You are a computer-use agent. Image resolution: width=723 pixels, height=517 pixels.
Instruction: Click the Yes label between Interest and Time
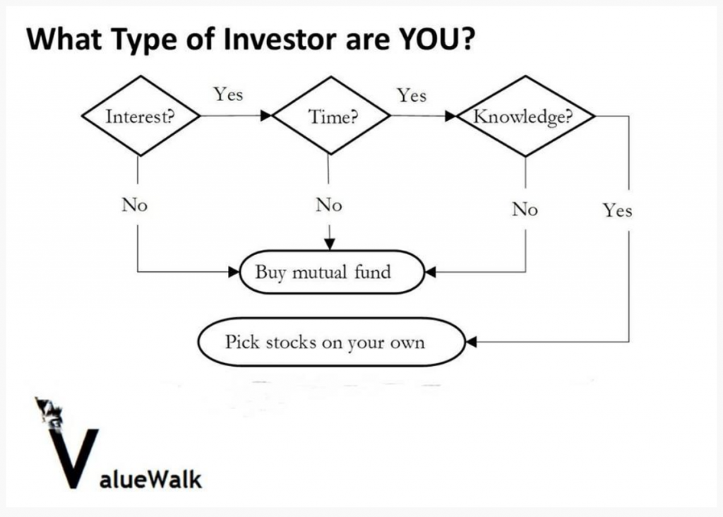tap(228, 94)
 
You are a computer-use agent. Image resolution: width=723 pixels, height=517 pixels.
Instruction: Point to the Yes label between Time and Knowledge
tap(412, 95)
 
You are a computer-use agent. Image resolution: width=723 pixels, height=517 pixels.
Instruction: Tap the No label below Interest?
tap(135, 204)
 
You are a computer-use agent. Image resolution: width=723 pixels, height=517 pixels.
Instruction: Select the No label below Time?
tap(329, 204)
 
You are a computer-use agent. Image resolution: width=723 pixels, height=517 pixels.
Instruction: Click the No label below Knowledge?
tap(525, 209)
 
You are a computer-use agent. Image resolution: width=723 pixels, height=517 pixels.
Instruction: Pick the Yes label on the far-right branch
tap(617, 210)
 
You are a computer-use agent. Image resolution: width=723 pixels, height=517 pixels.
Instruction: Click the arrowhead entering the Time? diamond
tap(266, 115)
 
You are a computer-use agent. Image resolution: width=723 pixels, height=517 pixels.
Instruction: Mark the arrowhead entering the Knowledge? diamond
tap(450, 116)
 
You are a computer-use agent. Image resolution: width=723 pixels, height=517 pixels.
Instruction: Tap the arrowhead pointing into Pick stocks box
tap(471, 342)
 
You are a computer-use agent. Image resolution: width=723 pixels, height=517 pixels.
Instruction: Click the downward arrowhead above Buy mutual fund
tap(329, 244)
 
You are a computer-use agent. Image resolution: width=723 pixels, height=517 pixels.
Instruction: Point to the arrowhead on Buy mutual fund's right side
tap(430, 272)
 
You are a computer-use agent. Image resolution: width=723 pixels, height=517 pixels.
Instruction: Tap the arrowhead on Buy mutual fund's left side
tap(234, 272)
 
